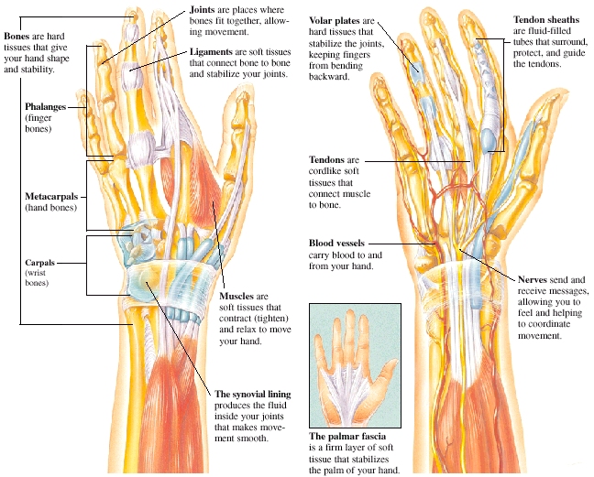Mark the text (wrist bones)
pyautogui.click(x=37, y=272)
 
